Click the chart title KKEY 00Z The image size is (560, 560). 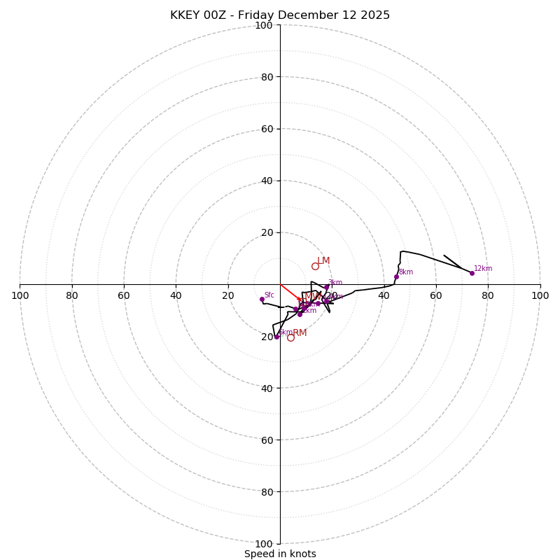(280, 15)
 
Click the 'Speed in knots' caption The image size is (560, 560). (280, 554)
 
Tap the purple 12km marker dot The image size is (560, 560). (472, 273)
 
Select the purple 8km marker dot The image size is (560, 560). (396, 276)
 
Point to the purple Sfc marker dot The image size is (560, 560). (262, 299)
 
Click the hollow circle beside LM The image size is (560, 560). (315, 266)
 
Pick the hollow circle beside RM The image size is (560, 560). (290, 337)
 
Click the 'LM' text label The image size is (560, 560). (323, 261)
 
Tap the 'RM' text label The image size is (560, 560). (300, 333)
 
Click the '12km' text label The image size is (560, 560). (483, 269)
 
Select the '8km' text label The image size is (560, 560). (406, 272)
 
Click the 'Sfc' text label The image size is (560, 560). (269, 295)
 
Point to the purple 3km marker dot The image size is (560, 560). (326, 287)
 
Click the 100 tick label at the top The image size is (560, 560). (264, 25)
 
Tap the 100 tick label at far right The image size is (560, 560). (540, 295)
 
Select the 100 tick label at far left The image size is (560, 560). (20, 295)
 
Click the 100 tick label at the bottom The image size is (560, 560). (264, 543)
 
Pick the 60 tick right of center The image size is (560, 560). (436, 295)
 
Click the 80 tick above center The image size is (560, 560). (267, 77)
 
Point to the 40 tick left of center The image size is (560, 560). (176, 295)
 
